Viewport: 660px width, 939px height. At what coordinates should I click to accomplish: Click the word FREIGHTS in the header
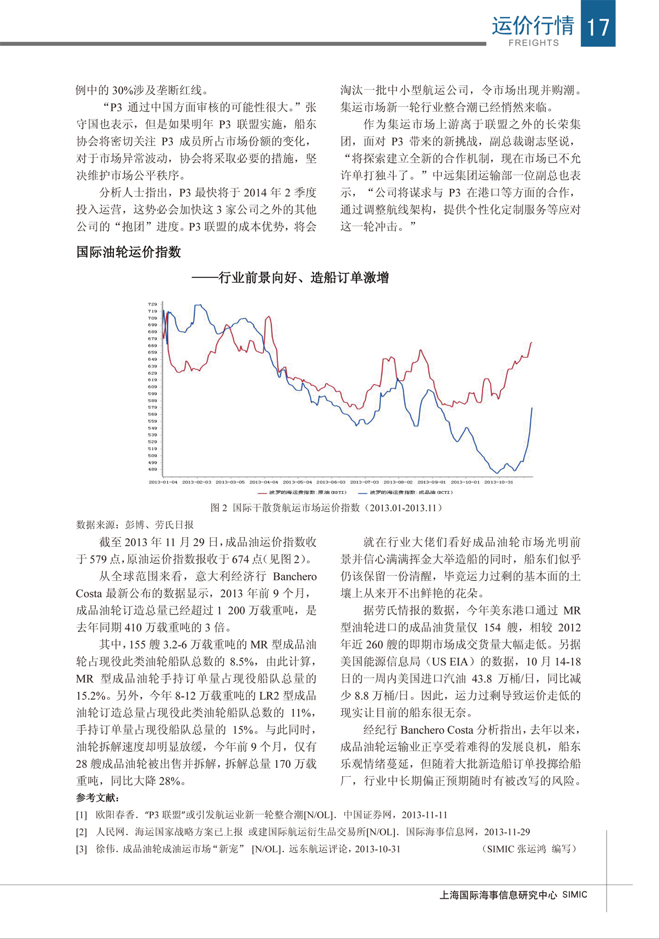click(533, 43)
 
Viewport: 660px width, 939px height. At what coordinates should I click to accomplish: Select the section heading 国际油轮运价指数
click(129, 252)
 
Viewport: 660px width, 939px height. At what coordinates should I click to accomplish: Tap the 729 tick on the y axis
click(152, 304)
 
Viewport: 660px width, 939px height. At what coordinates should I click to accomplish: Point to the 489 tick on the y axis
click(152, 469)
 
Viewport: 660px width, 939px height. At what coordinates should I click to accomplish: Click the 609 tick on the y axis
click(152, 387)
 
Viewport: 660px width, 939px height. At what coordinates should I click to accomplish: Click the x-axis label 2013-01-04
click(163, 482)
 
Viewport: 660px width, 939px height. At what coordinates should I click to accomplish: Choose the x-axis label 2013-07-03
click(364, 482)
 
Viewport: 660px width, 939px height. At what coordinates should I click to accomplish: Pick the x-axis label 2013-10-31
click(498, 482)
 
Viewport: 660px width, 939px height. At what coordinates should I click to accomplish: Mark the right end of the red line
click(532, 343)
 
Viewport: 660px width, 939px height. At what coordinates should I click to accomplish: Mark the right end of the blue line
click(532, 408)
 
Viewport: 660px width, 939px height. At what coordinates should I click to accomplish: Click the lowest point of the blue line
click(498, 473)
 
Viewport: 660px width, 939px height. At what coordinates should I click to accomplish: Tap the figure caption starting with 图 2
click(326, 508)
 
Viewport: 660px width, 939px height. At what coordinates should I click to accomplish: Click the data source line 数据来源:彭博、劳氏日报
click(135, 525)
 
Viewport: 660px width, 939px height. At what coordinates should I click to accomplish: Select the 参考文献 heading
click(97, 798)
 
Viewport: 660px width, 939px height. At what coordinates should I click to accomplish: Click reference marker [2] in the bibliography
click(81, 832)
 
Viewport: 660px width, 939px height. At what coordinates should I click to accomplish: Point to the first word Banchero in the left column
click(295, 576)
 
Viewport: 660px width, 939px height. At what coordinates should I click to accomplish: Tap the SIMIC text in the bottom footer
click(574, 894)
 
